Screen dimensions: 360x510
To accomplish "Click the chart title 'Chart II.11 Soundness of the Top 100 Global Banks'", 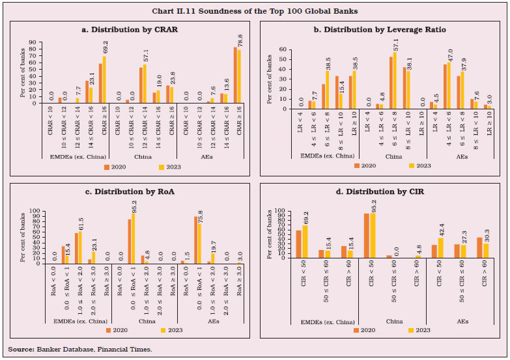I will pos(255,11).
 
